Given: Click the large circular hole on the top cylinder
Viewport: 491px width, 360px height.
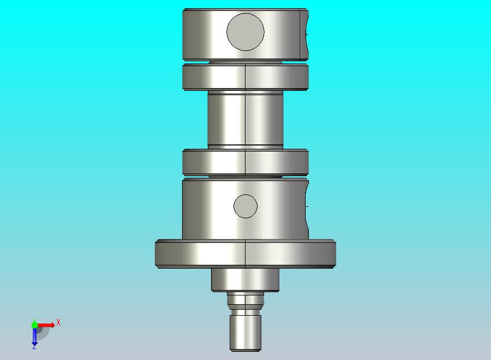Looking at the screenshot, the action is click(245, 32).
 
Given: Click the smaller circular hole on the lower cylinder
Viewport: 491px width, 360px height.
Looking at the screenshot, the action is click(245, 206).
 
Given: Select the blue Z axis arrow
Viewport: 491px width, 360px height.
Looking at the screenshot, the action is click(34, 336).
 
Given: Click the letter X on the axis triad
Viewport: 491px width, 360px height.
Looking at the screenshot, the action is click(59, 322).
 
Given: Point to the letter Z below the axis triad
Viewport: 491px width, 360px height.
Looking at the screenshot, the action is click(34, 347).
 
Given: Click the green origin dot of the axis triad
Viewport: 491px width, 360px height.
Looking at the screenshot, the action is click(34, 324).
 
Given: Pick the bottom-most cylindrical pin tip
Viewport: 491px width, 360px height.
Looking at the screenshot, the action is click(245, 333).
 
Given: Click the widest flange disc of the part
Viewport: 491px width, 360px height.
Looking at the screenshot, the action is click(245, 254).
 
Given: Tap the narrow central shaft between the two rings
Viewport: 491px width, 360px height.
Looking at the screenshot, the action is click(245, 120).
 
